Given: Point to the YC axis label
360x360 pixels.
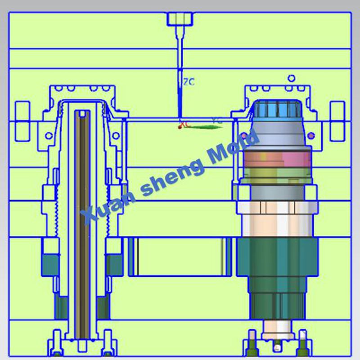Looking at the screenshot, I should (217, 121).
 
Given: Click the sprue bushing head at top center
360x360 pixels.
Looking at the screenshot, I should (180, 18).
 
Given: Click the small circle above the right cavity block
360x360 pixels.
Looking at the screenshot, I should (291, 78).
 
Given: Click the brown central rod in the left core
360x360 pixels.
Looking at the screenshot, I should (82, 225).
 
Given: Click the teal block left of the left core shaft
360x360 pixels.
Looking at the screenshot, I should (50, 265).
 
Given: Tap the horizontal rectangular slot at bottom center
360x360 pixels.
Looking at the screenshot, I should (180, 256).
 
